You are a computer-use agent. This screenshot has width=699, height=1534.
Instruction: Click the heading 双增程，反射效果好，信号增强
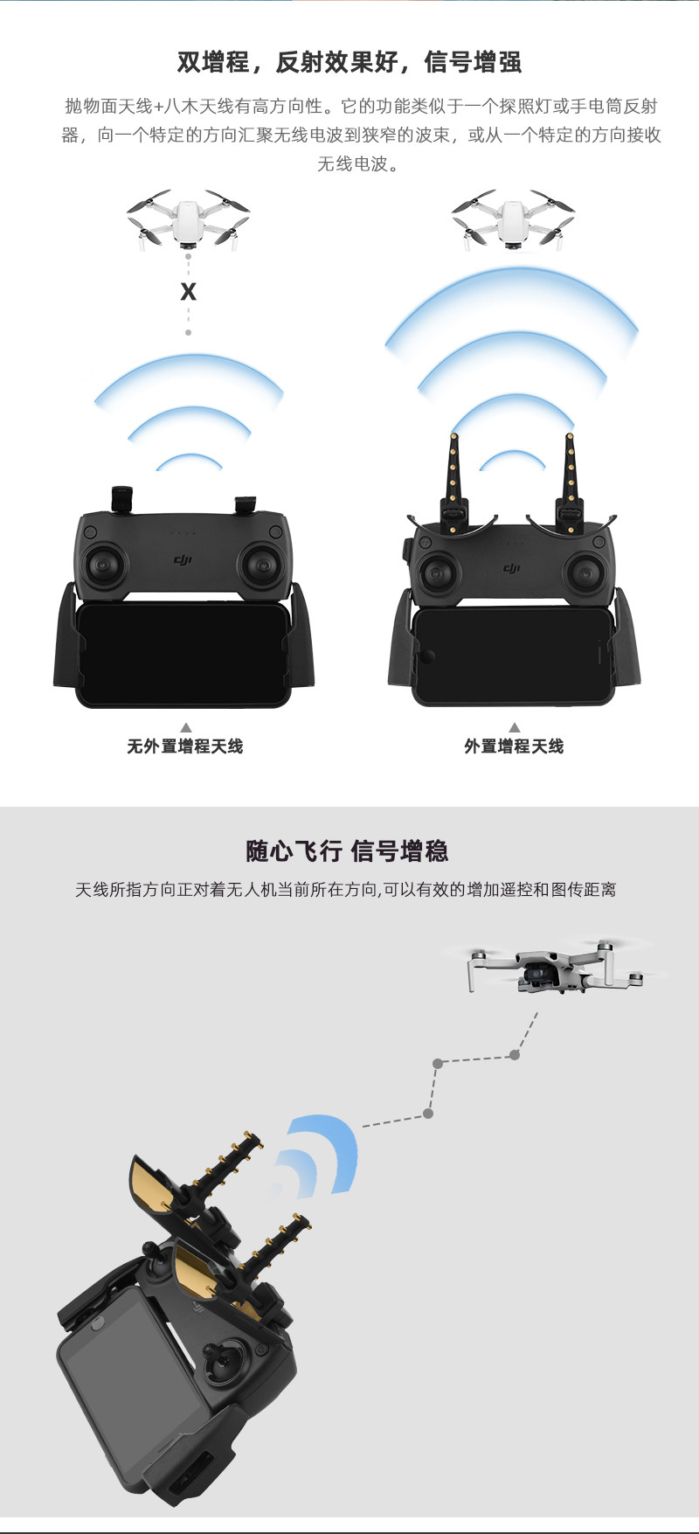tap(349, 62)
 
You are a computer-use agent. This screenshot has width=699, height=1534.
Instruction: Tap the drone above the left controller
tap(188, 219)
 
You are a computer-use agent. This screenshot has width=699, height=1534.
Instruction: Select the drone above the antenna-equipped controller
tap(514, 219)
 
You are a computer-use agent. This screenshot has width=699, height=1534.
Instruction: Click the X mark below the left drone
tap(188, 292)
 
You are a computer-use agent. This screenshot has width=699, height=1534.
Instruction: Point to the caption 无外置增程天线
tap(185, 746)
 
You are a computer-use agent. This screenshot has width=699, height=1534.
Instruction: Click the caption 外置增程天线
tap(514, 746)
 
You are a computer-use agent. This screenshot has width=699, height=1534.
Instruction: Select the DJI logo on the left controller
tap(183, 559)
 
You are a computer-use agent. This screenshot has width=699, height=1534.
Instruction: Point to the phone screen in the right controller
tap(514, 656)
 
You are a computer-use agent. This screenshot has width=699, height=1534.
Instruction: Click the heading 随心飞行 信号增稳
tap(347, 850)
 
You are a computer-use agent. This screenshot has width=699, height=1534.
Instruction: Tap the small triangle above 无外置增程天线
tap(185, 727)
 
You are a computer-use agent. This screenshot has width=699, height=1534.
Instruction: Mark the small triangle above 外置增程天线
tap(515, 727)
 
